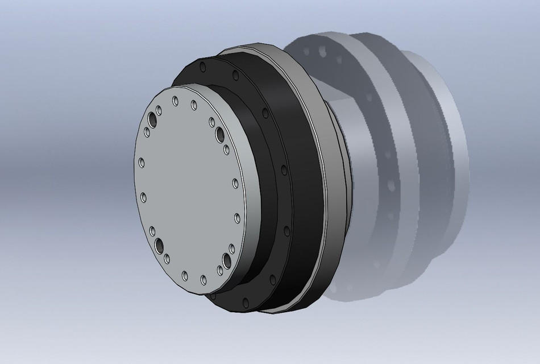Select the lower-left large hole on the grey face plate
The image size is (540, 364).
point(159,245)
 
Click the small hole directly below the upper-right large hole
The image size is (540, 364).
point(226,150)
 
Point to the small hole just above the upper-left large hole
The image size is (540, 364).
point(157,108)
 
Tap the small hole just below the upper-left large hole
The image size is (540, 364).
point(147,133)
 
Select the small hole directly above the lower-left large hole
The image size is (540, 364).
point(152,231)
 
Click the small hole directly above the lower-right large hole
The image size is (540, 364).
point(232,249)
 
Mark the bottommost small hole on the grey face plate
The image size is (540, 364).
point(203,280)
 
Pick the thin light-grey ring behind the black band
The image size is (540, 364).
point(335,171)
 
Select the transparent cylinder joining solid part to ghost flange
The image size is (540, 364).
point(364,142)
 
